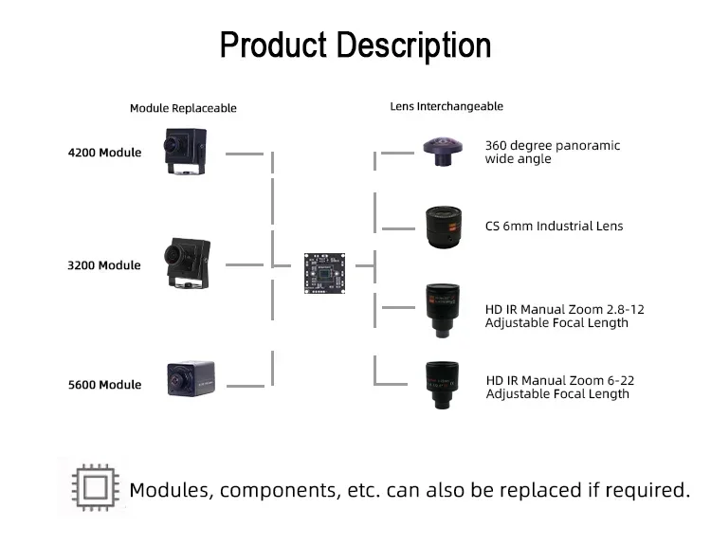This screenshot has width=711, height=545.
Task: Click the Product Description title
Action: [355, 45]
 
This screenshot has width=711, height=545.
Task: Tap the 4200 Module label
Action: [104, 153]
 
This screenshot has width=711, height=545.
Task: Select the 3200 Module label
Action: [104, 265]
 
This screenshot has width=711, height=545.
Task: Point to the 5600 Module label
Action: [104, 385]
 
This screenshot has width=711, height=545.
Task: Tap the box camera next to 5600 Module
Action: [187, 379]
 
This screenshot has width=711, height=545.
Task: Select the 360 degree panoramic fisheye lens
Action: [442, 151]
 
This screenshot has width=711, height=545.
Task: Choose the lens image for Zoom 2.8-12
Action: [442, 309]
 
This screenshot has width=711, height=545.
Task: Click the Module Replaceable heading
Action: [183, 108]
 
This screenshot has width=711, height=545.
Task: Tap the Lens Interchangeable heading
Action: [447, 106]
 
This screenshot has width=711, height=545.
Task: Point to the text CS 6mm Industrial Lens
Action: [554, 227]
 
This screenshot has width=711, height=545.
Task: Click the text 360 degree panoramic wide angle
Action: [552, 152]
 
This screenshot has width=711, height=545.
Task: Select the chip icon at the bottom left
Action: [93, 487]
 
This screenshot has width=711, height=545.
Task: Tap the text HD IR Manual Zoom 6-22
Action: [559, 381]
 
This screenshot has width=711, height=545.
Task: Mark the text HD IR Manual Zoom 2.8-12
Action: [564, 310]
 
